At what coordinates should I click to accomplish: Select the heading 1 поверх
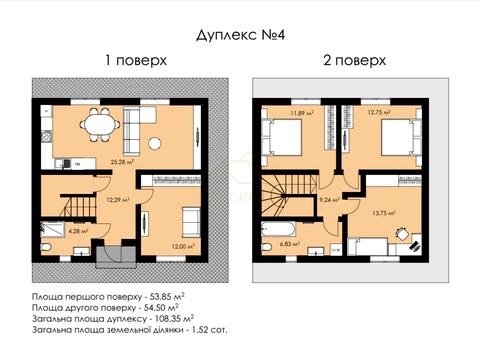tap(136, 60)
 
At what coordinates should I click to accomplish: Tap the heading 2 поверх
tap(355, 60)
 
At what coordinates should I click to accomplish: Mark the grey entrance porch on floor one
tap(111, 257)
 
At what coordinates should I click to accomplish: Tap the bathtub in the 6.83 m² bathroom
tap(279, 240)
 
